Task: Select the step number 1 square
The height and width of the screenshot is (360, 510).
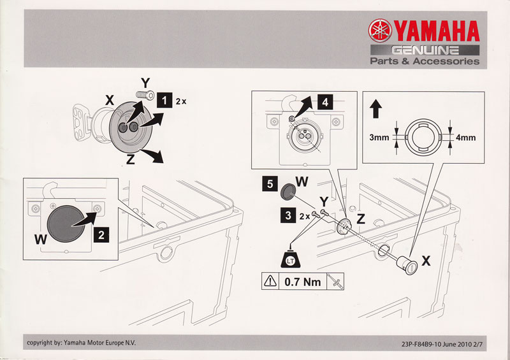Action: pyautogui.click(x=165, y=100)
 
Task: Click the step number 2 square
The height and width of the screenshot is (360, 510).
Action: pyautogui.click(x=101, y=234)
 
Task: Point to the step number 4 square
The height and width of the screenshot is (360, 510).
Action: pyautogui.click(x=326, y=101)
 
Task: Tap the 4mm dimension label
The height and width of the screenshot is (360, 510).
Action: pyautogui.click(x=466, y=137)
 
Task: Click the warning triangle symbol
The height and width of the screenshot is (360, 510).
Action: pyautogui.click(x=273, y=280)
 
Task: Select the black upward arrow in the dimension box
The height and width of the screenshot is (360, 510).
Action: pyautogui.click(x=375, y=109)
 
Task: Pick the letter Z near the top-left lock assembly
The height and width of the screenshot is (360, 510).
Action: pyautogui.click(x=130, y=160)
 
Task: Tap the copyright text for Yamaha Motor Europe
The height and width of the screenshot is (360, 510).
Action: pyautogui.click(x=81, y=343)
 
